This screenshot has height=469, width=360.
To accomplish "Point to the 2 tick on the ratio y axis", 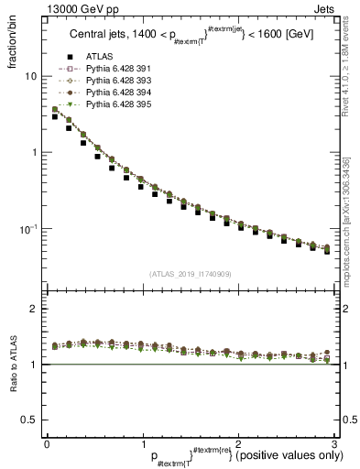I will [x=33, y=309].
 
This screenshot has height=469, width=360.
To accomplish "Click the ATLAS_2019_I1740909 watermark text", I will [x=189, y=274].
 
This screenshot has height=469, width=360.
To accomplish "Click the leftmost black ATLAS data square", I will [x=55, y=117].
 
